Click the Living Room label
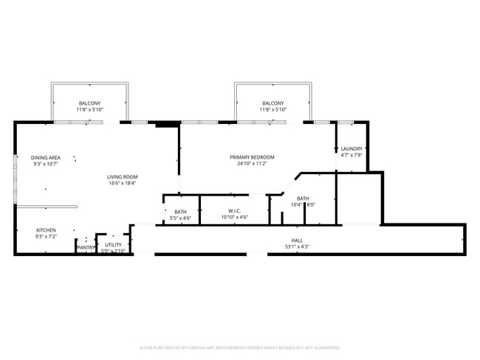pyautogui.click(x=123, y=176)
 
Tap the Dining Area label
pyautogui.click(x=45, y=157)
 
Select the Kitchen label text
pyautogui.click(x=46, y=230)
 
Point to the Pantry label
pyautogui.click(x=86, y=247)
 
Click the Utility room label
pyautogui.click(x=113, y=244)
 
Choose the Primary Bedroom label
pyautogui.click(x=252, y=157)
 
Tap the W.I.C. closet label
pyautogui.click(x=233, y=211)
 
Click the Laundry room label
pyautogui.click(x=352, y=148)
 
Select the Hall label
pyautogui.click(x=297, y=240)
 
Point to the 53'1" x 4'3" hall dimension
pyautogui.click(x=297, y=246)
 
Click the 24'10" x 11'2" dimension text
pyautogui.click(x=252, y=164)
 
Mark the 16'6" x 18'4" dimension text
pyautogui.click(x=123, y=183)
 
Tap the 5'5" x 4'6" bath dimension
pyautogui.click(x=180, y=218)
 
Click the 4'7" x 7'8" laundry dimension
pyautogui.click(x=352, y=155)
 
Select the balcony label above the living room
pyautogui.click(x=89, y=103)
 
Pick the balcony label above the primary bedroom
pyautogui.click(x=272, y=103)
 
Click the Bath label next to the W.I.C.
pyautogui.click(x=180, y=212)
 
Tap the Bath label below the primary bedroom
pyautogui.click(x=303, y=198)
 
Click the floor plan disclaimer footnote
pyautogui.click(x=239, y=347)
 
